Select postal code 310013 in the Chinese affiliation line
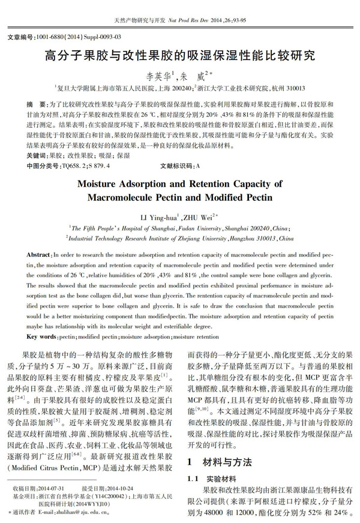[x=290, y=87]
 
